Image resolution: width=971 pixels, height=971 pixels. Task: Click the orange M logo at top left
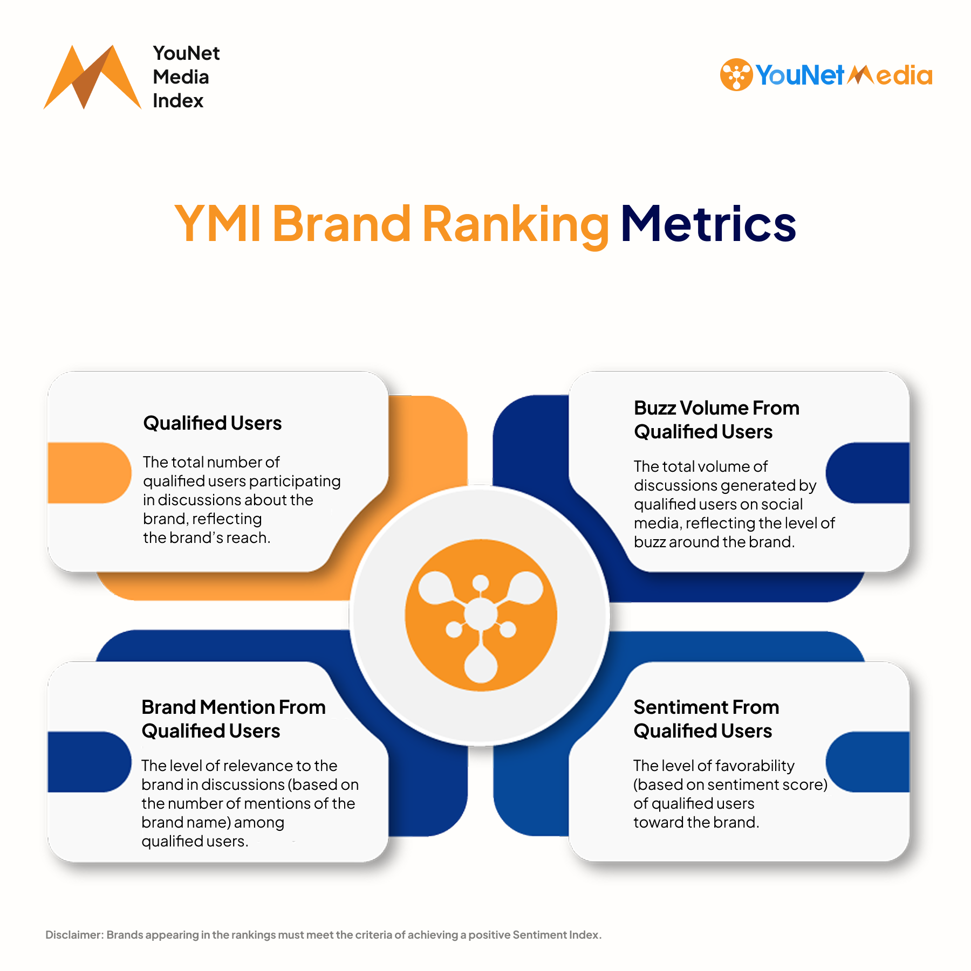click(x=92, y=77)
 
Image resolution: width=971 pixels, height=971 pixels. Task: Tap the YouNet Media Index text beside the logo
click(x=186, y=77)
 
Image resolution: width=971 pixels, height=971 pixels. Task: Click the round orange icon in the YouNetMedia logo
click(x=736, y=74)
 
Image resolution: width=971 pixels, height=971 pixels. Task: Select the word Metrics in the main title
click(x=708, y=224)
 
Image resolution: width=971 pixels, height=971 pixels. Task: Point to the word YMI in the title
click(x=218, y=224)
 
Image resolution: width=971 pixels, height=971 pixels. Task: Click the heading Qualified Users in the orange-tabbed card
click(x=213, y=423)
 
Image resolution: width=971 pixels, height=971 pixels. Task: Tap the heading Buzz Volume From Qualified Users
click(x=716, y=419)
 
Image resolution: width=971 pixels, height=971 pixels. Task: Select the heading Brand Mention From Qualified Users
click(x=234, y=719)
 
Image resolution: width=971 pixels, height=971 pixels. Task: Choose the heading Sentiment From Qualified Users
click(x=706, y=719)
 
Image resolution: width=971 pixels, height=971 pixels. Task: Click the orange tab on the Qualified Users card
click(x=90, y=473)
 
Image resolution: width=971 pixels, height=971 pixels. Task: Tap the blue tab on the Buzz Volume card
click(x=867, y=473)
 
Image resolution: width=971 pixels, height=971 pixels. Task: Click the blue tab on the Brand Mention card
click(x=90, y=762)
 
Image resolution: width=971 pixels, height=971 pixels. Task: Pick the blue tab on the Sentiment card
click(x=867, y=762)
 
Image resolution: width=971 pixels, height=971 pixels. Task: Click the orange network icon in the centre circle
click(x=481, y=615)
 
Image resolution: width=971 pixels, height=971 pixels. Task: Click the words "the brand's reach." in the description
click(x=207, y=538)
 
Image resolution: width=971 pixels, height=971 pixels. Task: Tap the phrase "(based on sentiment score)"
click(x=730, y=784)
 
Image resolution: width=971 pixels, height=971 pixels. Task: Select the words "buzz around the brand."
click(x=714, y=542)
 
